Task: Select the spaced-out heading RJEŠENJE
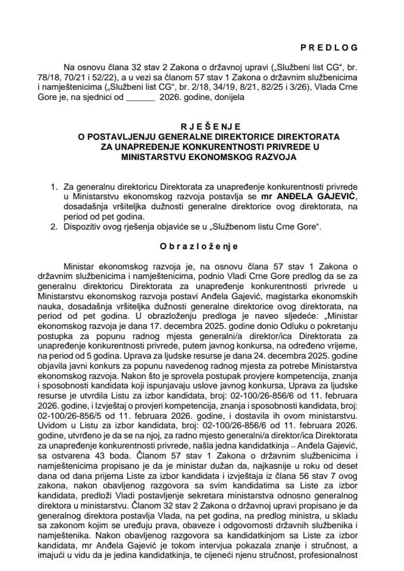202,127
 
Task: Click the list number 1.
55,187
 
